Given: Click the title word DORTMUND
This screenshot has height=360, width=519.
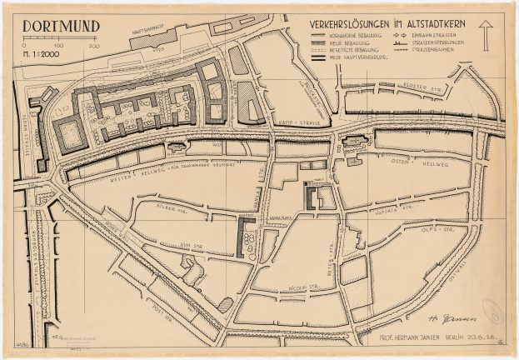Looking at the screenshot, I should (61, 26).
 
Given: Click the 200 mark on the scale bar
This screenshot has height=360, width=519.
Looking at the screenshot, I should (93, 46).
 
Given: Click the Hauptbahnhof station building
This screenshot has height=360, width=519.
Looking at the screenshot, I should (154, 36).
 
